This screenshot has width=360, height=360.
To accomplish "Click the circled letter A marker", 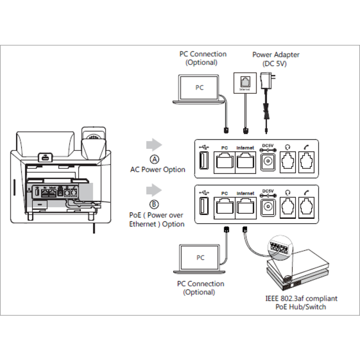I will pyautogui.click(x=155, y=159).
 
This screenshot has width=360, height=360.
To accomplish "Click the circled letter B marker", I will pyautogui.click(x=155, y=204).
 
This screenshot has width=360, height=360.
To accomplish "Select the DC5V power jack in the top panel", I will pyautogui.click(x=268, y=161).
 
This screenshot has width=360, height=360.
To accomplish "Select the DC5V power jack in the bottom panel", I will pyautogui.click(x=268, y=207).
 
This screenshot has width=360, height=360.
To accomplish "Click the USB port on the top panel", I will pyautogui.click(x=203, y=161).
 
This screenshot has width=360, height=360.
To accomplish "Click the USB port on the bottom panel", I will pyautogui.click(x=203, y=207).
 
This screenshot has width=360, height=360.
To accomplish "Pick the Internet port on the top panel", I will pyautogui.click(x=245, y=161).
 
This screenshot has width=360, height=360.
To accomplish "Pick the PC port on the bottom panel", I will pyautogui.click(x=224, y=207).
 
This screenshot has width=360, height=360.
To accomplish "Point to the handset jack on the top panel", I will pyautogui.click(x=306, y=161).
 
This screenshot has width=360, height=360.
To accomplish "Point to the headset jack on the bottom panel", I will pyautogui.click(x=288, y=207).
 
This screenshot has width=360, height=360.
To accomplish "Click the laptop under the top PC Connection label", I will pyautogui.click(x=199, y=89).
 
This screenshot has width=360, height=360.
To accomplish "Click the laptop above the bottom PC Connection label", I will pyautogui.click(x=200, y=259).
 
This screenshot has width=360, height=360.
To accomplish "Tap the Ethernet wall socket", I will pyautogui.click(x=244, y=83).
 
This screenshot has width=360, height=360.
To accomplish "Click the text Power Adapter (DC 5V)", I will pyautogui.click(x=276, y=59).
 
